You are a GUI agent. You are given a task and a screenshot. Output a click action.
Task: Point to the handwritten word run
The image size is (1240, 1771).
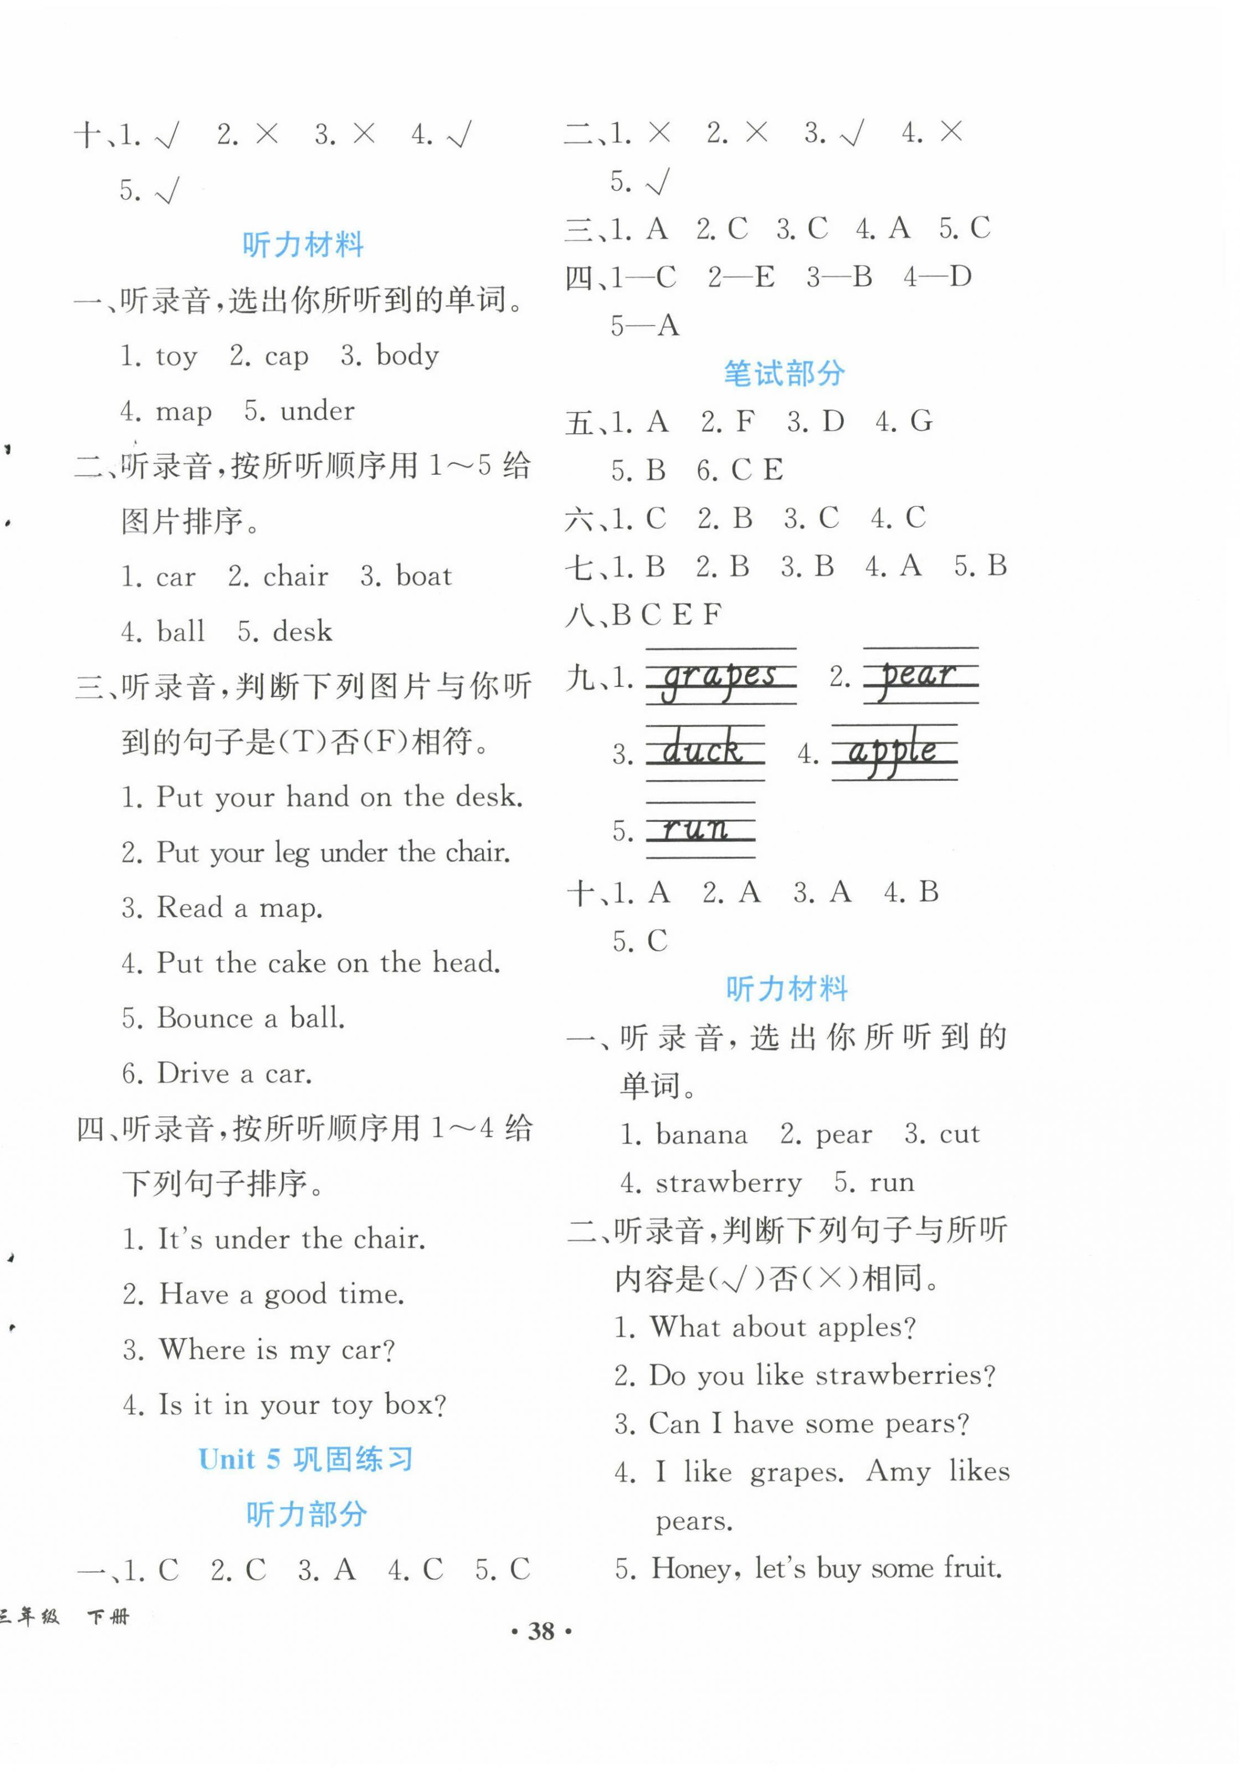(x=697, y=829)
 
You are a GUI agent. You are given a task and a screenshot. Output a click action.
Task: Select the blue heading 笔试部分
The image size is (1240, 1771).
(x=783, y=374)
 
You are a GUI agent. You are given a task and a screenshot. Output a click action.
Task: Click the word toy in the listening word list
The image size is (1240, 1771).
(x=177, y=357)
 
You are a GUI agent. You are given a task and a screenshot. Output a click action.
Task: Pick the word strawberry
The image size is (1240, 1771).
(x=728, y=1182)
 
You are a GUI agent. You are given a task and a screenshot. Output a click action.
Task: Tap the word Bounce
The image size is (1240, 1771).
(x=205, y=1018)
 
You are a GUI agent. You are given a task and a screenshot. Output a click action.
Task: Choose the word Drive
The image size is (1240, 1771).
(x=194, y=1073)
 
